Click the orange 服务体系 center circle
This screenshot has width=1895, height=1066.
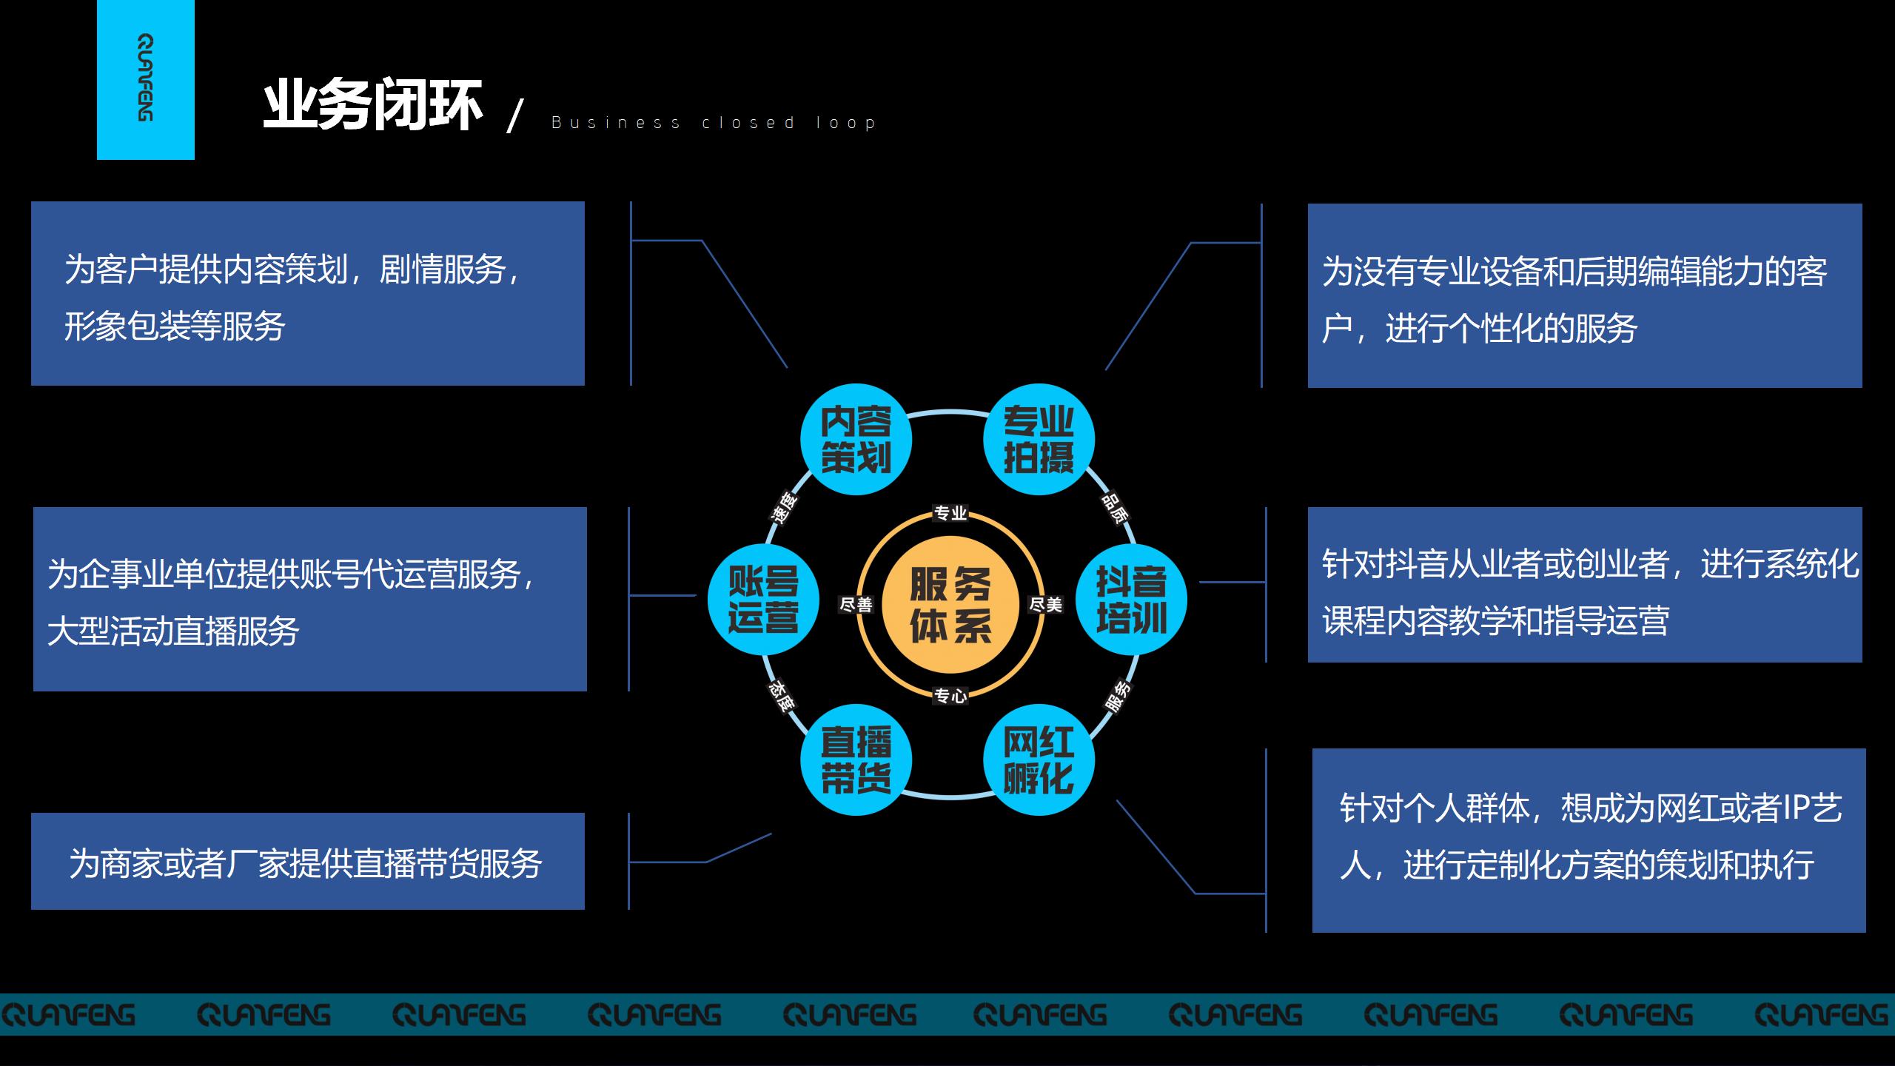point(950,604)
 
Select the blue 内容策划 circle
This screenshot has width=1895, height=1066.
point(856,439)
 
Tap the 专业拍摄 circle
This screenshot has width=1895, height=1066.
point(1039,439)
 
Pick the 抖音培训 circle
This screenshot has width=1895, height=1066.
point(1131,600)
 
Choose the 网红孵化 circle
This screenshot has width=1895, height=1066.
point(1039,760)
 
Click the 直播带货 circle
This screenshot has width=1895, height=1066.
point(856,760)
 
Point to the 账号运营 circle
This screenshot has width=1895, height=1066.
point(763,600)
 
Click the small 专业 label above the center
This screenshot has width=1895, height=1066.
point(950,513)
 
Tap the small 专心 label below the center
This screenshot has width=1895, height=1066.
point(950,696)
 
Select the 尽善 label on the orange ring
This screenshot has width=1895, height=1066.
point(856,605)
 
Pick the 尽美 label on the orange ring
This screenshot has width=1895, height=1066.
point(1045,605)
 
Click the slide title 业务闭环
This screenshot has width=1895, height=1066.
point(373,105)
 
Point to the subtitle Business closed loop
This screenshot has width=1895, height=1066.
point(714,123)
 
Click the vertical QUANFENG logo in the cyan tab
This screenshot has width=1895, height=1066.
point(146,78)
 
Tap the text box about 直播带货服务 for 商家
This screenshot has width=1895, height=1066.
point(307,862)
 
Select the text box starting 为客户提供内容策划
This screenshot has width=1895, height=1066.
point(307,294)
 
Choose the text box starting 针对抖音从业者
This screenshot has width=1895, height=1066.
point(1584,585)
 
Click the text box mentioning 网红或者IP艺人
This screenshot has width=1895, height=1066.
point(1589,840)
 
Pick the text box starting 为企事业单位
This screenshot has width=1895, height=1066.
point(309,600)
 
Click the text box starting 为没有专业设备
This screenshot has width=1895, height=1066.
point(1584,296)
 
